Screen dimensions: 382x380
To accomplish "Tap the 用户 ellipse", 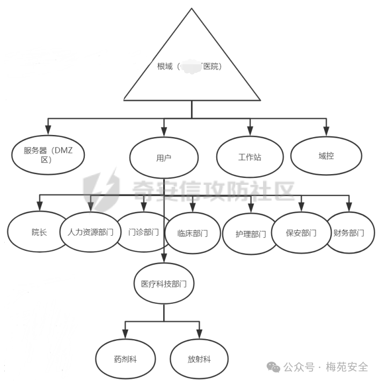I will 164,158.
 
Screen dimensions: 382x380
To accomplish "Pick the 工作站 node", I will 250,158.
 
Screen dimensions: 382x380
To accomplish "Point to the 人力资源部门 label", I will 90,233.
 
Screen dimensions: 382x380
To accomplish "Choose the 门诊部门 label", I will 144,232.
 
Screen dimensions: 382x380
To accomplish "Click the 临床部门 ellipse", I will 192,233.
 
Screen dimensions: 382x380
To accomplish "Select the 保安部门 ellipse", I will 301,233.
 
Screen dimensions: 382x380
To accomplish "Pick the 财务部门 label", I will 349,233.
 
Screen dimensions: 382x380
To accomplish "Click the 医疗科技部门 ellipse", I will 164,283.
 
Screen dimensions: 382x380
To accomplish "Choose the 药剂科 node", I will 126,358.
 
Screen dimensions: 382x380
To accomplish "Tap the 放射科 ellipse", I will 199,358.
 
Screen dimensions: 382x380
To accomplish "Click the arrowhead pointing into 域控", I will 325,130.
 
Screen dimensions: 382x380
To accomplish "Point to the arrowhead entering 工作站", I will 250,130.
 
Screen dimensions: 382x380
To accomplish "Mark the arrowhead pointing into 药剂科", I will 125,332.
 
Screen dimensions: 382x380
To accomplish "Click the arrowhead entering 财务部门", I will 349,207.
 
